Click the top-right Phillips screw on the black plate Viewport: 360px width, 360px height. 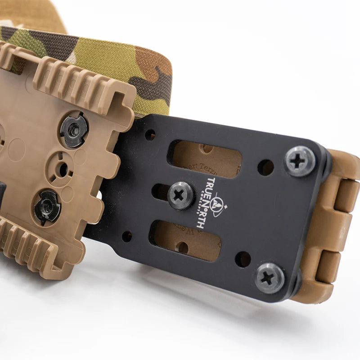[300, 161]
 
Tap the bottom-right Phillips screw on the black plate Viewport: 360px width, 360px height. [269, 278]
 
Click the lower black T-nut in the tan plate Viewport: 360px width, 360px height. [47, 207]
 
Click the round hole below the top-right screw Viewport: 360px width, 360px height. [265, 167]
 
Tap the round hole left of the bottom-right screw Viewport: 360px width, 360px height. [243, 259]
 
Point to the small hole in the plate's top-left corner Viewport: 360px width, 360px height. [150, 135]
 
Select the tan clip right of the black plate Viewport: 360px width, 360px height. [333, 225]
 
